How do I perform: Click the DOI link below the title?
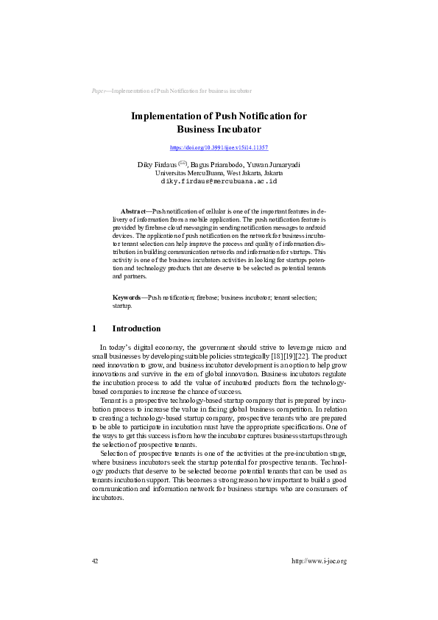coord(219,147)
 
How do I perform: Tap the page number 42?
coord(95,561)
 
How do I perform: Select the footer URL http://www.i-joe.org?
coord(319,561)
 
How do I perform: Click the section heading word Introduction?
coord(136,328)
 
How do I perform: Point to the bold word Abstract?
coord(133,211)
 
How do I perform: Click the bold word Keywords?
coord(127,297)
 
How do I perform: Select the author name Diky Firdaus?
coord(152,163)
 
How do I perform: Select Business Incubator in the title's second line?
coord(219,129)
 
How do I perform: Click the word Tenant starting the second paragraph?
coord(111,400)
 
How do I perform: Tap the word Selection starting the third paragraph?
coord(114,453)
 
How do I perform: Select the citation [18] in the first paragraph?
coord(275,356)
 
